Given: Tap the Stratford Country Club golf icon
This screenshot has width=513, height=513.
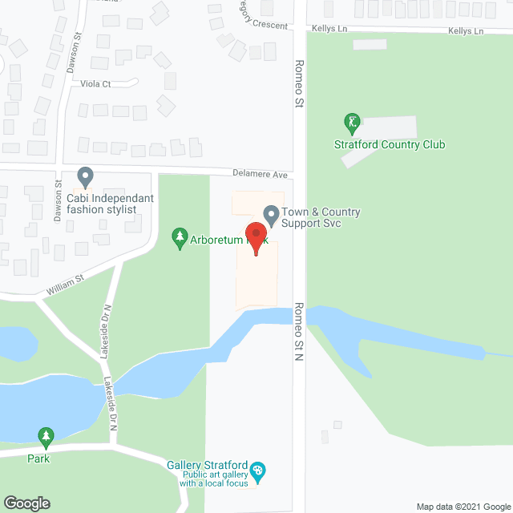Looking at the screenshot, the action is (351, 123).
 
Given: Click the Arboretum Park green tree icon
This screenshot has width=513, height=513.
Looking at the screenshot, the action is (179, 237).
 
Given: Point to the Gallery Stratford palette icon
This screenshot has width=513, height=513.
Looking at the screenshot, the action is (256, 469).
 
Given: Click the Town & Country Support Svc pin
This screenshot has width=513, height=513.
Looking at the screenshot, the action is (271, 214).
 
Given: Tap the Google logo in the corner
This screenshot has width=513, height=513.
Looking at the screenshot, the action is (26, 503).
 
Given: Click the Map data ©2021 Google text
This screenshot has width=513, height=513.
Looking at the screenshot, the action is (463, 506).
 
